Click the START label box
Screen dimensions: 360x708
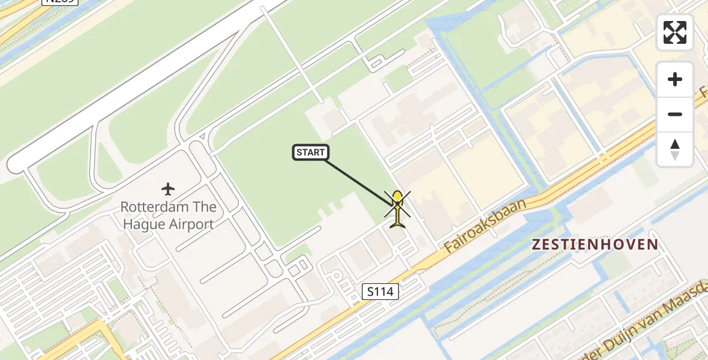click(x=311, y=152)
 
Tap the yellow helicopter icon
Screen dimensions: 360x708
click(x=397, y=208)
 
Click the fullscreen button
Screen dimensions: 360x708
click(x=675, y=32)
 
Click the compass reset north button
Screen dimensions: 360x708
click(x=675, y=149)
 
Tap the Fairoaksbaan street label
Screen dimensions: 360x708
click(x=485, y=226)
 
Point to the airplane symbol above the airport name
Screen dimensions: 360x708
click(x=168, y=189)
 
